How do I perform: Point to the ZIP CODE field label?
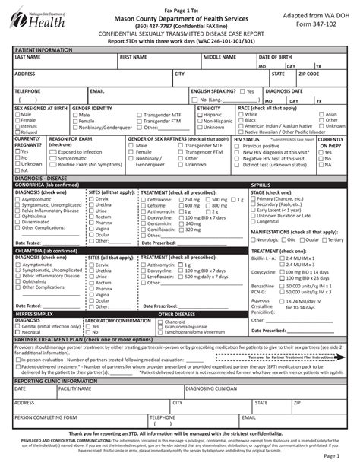pos(308,74)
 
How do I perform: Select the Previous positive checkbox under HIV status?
pos(238,146)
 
